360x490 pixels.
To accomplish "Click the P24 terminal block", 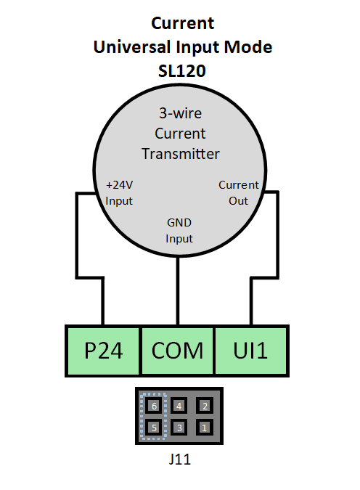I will coord(102,351).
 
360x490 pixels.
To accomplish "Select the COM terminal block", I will coord(178,351).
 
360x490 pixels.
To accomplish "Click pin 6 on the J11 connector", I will coord(152,406).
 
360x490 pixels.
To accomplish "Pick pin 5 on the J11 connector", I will coord(152,428).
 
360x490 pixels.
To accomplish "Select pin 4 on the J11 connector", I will coord(179,406).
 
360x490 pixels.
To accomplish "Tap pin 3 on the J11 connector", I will coord(179,428).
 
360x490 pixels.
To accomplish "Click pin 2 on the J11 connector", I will coord(205,406).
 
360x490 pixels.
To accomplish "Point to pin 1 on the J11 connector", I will coord(205,428).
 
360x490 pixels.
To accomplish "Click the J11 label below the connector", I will coord(179,459).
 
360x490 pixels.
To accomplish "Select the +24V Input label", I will coord(120,192).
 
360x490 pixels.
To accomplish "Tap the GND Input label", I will coord(179,231).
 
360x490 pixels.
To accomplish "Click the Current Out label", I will coord(239,192).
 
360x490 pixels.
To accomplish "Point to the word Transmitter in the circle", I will coord(181,154).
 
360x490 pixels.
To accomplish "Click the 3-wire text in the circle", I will coord(181,114).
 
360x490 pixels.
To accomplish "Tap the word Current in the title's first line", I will coord(183,24).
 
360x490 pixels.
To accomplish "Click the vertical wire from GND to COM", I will coord(179,290).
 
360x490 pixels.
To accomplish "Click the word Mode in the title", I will coord(253,48).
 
